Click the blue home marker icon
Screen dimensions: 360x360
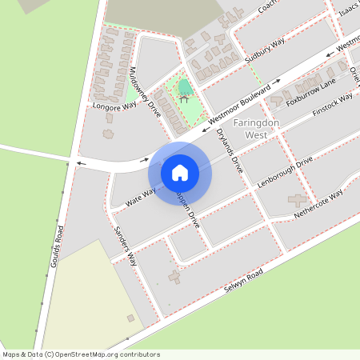pos(179,172)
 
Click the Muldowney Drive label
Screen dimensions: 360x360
pos(146,91)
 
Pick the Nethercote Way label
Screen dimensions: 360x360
pos(318,205)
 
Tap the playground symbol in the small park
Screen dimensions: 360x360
pos(185,99)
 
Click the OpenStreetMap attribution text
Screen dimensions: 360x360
pos(81,354)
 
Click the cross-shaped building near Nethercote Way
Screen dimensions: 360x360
pos(298,201)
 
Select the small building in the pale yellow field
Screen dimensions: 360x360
pos(131,318)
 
